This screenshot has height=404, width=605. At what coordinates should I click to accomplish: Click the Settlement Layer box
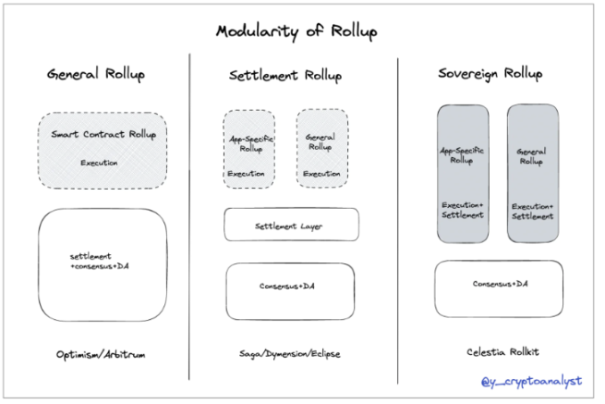click(291, 225)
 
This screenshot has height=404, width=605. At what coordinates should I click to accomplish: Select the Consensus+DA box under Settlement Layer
click(291, 287)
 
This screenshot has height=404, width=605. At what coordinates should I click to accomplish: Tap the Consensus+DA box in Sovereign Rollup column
click(498, 285)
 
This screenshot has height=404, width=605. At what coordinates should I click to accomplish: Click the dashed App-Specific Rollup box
click(248, 149)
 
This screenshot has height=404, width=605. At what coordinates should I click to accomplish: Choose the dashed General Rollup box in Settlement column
click(321, 149)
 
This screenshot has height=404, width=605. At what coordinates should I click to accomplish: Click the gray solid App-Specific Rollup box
click(465, 173)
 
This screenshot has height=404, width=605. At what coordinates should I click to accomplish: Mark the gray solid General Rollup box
click(531, 173)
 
